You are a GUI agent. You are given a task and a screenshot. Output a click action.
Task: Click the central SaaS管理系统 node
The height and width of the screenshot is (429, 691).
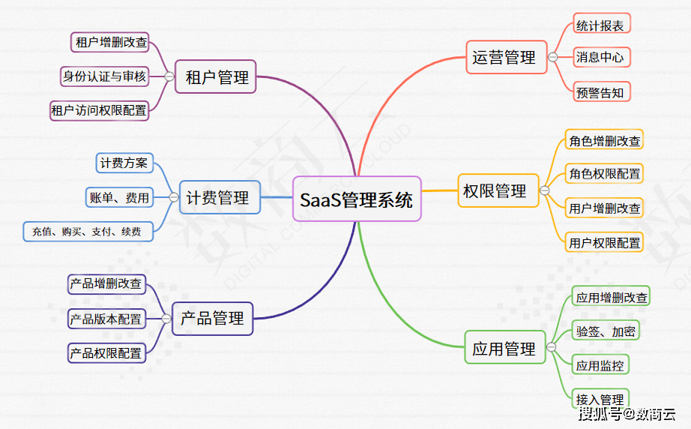(357, 199)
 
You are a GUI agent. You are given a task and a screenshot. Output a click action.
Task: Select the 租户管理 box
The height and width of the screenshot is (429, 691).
(216, 76)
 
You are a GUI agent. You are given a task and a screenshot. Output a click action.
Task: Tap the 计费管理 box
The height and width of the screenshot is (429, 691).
(217, 198)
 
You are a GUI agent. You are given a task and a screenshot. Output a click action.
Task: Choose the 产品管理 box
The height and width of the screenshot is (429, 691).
(213, 318)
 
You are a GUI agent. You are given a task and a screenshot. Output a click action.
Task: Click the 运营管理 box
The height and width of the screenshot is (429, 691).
(504, 57)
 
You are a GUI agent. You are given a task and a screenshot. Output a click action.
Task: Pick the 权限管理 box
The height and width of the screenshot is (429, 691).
(495, 190)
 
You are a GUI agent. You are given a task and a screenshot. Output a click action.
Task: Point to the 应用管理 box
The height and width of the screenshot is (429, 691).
(504, 349)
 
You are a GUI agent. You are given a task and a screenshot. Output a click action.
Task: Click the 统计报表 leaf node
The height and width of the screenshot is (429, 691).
(600, 25)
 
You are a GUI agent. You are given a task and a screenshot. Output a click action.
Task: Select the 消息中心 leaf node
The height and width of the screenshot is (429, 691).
(600, 57)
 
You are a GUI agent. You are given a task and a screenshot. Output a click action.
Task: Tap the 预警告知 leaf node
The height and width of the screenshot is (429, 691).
(600, 92)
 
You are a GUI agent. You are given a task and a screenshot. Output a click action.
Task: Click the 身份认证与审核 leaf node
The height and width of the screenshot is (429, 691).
(104, 76)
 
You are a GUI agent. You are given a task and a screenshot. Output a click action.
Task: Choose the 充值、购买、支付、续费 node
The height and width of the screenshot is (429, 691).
(87, 232)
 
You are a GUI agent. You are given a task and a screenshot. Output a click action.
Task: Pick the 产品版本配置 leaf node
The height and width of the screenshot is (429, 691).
(106, 319)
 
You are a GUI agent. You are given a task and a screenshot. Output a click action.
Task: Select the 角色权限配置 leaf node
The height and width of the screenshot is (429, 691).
(605, 174)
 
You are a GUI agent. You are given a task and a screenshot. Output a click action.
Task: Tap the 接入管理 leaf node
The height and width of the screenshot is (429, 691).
(600, 398)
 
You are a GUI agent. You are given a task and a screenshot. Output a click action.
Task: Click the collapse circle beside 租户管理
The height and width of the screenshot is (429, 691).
(169, 76)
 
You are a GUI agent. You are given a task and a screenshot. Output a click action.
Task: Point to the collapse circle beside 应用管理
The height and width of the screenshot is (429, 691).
(552, 347)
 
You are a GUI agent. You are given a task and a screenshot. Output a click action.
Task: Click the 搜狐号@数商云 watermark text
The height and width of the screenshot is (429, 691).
(627, 414)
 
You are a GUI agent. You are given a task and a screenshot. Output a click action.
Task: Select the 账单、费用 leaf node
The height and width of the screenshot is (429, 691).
(119, 198)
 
